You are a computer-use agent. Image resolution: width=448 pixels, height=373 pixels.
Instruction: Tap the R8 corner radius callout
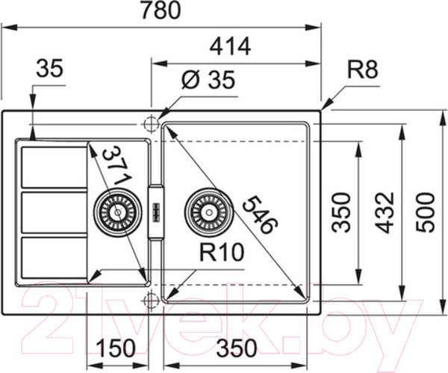pyautogui.click(x=364, y=71)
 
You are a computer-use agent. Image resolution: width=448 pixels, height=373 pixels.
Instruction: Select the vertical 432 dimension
pyautogui.click(x=383, y=213)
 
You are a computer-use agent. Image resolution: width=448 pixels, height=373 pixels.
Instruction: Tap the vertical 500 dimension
pyautogui.click(x=424, y=213)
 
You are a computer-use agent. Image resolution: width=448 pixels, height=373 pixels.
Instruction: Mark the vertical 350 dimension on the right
pyautogui.click(x=341, y=213)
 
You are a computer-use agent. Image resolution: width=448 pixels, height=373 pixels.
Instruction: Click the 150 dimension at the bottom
pyautogui.click(x=115, y=348)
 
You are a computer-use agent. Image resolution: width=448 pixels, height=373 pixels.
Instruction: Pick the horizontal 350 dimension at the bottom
pyautogui.click(x=237, y=348)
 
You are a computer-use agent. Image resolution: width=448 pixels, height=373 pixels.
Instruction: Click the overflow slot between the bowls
pyautogui.click(x=156, y=212)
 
